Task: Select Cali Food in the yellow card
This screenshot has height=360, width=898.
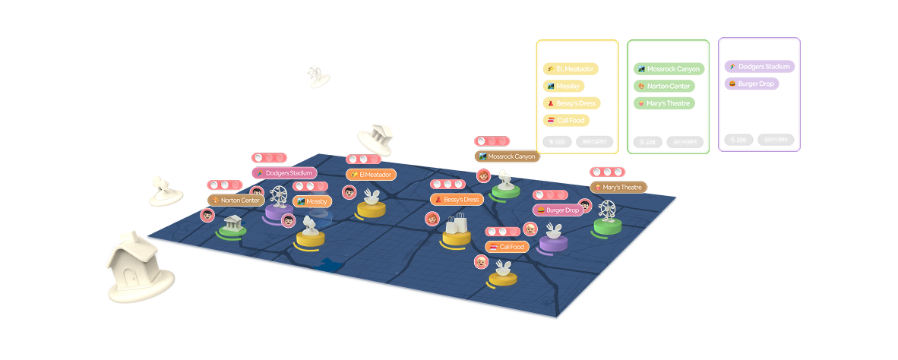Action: (566, 120)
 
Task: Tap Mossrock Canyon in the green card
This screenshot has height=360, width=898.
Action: (669, 69)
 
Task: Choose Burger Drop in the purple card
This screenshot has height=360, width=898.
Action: (751, 84)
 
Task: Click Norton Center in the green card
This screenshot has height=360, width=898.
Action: (663, 86)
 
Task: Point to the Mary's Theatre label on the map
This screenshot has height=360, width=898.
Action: (618, 187)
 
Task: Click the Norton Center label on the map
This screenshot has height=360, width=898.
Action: (236, 200)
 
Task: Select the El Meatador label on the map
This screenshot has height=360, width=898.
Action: (370, 175)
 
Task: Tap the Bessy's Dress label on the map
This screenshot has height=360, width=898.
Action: (457, 199)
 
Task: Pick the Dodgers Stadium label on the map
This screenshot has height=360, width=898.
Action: (283, 173)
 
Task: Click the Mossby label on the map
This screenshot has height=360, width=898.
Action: (311, 201)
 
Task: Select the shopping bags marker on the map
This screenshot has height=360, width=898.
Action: (457, 226)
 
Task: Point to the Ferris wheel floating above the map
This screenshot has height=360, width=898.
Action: (317, 74)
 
